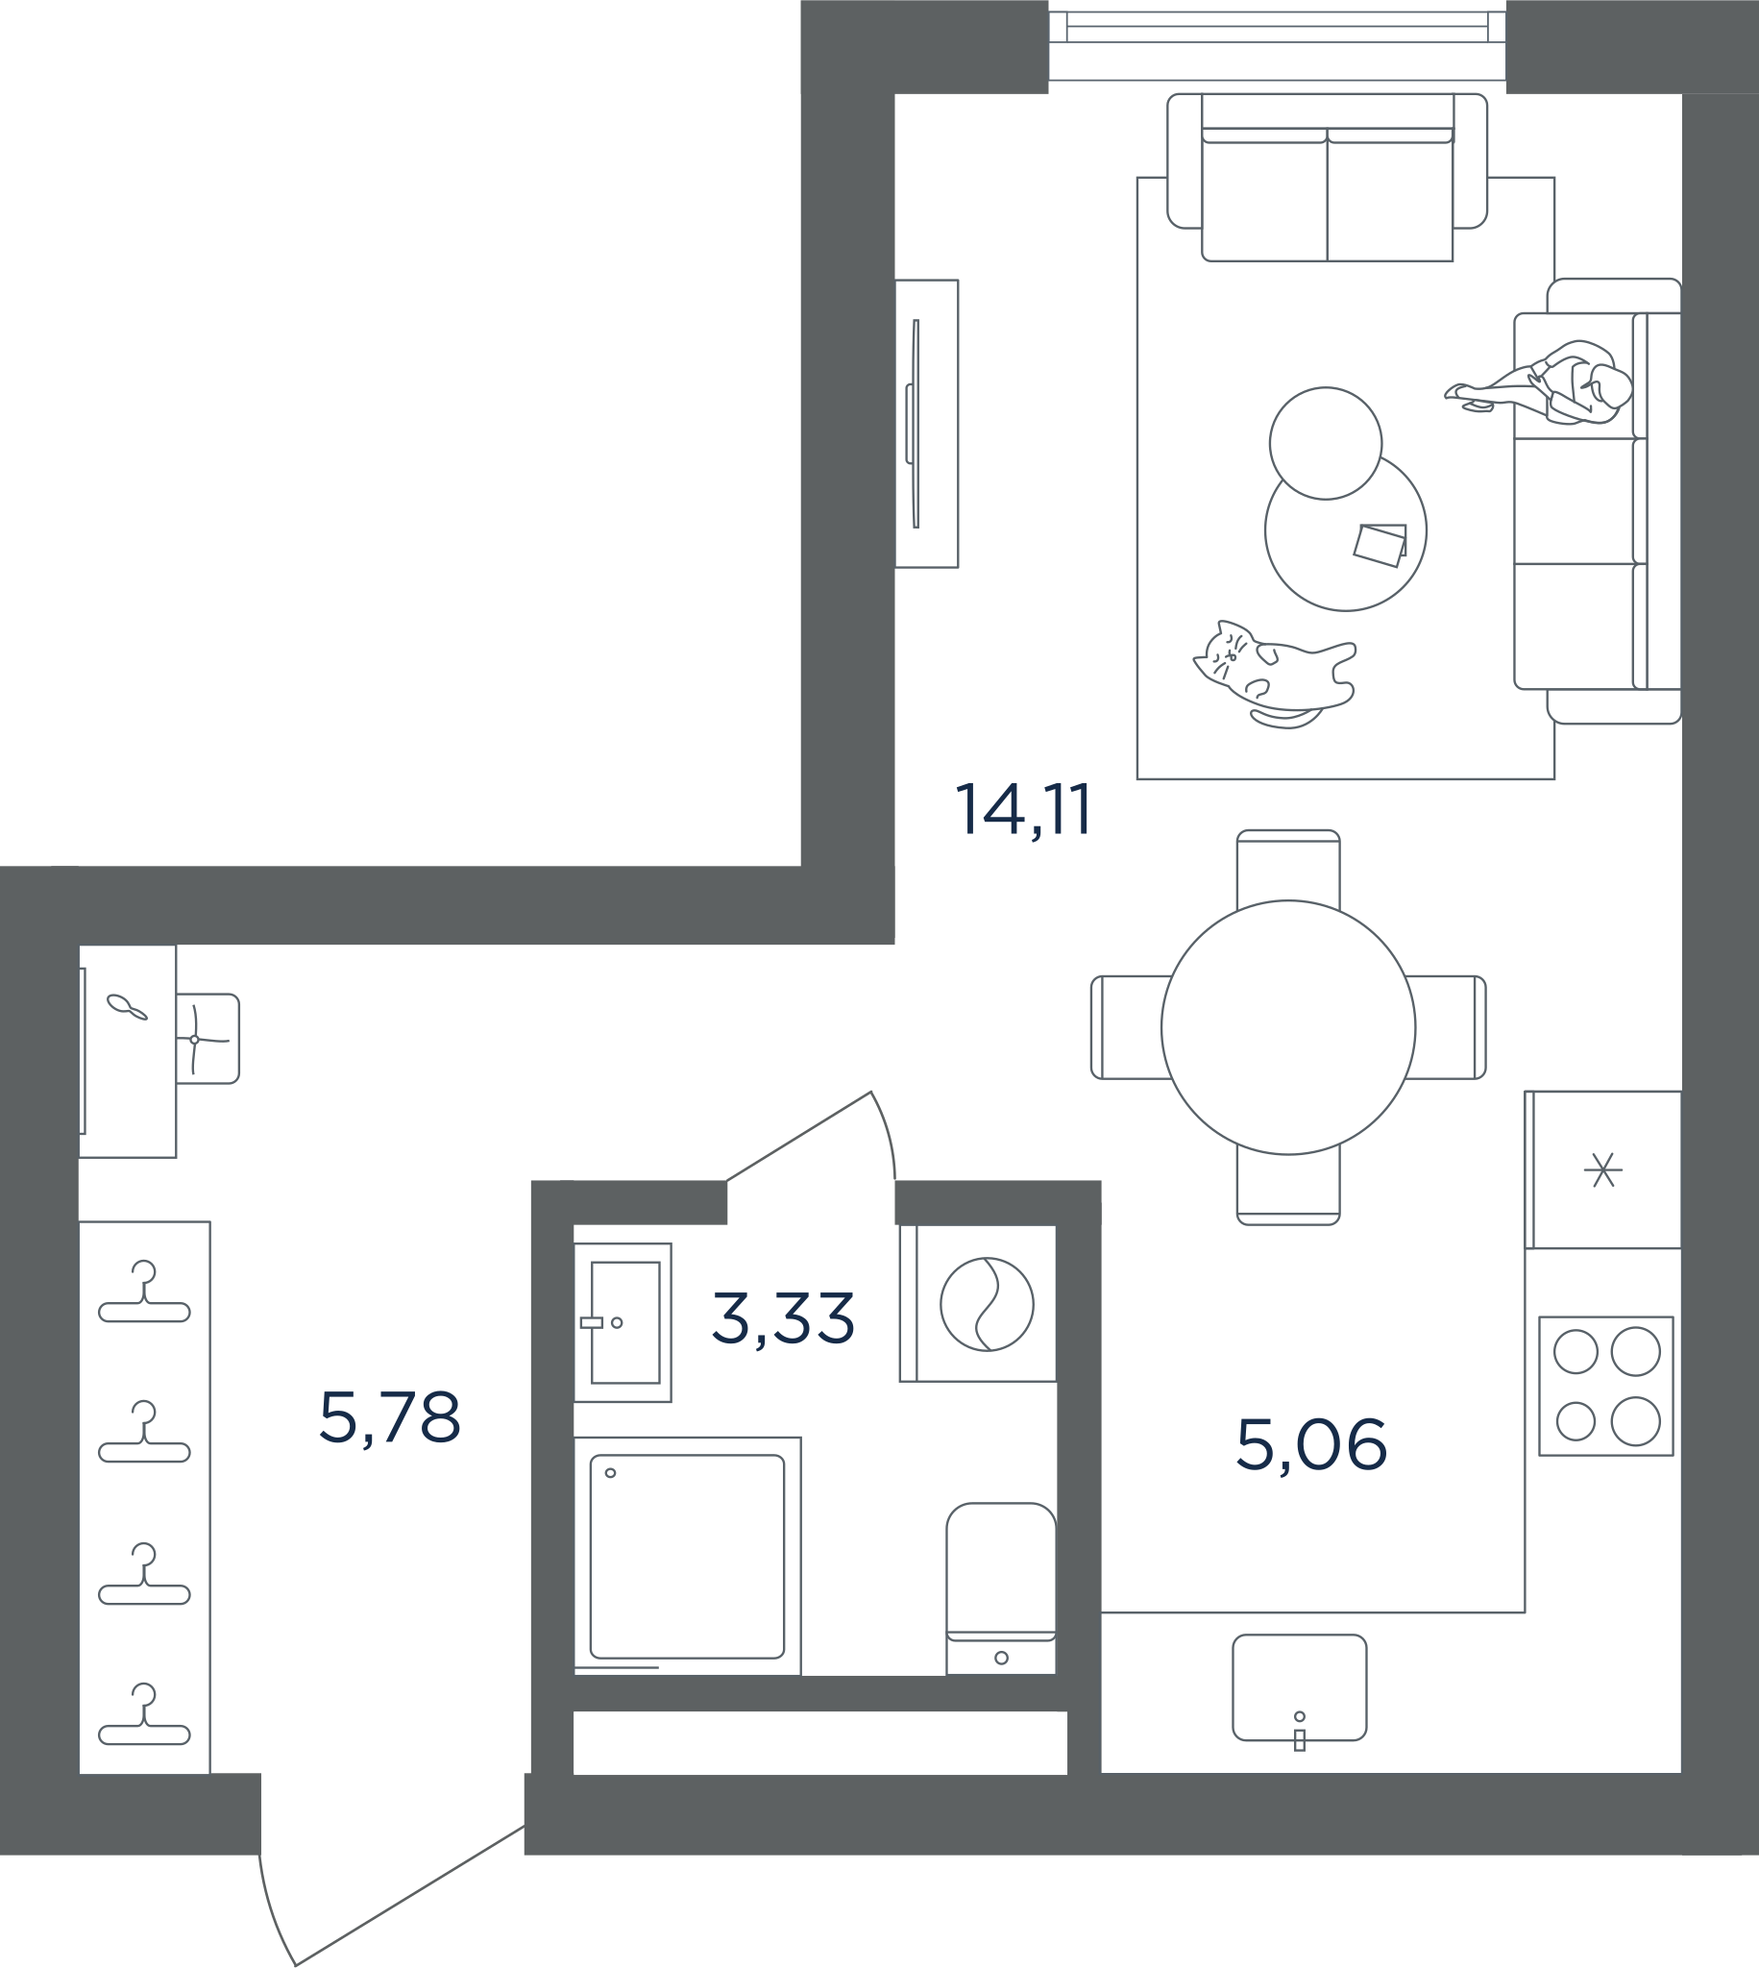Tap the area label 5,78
point(389,1418)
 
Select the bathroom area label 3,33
point(783,1318)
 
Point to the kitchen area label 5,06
point(1311,1445)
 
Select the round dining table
point(1288,1027)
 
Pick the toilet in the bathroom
point(1001,1589)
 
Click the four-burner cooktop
point(1606,1386)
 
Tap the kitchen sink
point(1300,1687)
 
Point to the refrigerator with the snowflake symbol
point(1603,1169)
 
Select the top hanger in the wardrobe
point(144,1291)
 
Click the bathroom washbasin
point(623,1322)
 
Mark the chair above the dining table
point(1288,869)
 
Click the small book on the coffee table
point(1380,545)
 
